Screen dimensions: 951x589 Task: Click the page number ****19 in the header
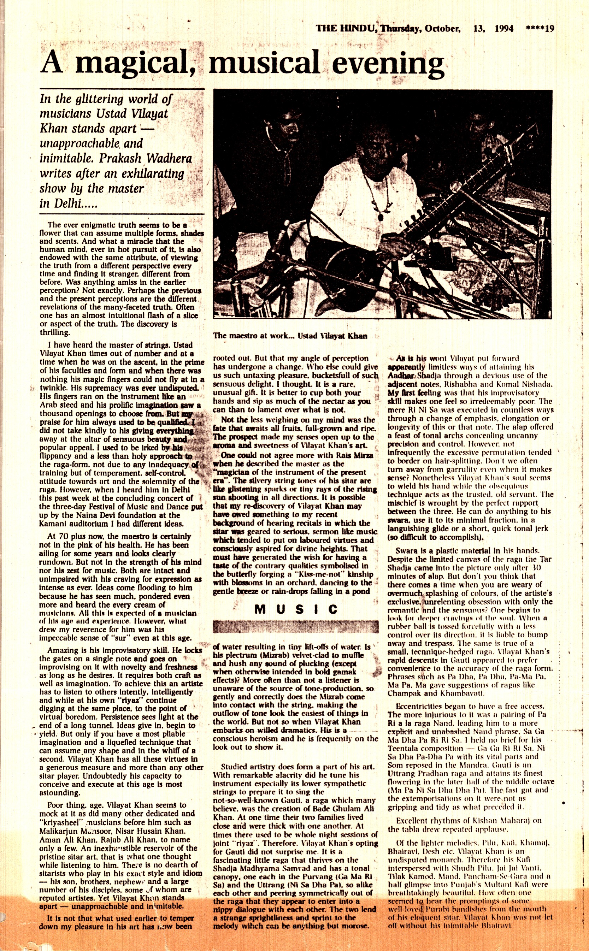click(540, 28)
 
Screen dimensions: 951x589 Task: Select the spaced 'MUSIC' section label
click(296, 609)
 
